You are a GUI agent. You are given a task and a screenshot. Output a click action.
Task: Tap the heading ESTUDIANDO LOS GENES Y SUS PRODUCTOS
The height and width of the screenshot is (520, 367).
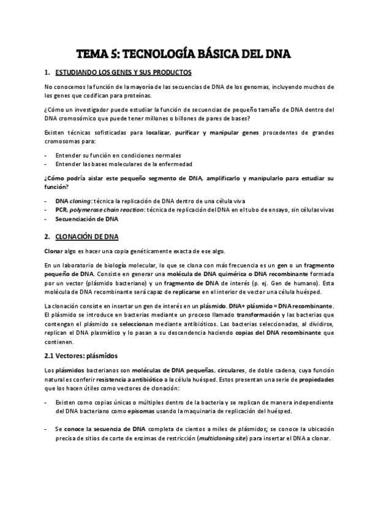[x=123, y=72]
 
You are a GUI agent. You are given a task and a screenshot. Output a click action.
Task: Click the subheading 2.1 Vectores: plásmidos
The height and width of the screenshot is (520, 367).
[x=81, y=355]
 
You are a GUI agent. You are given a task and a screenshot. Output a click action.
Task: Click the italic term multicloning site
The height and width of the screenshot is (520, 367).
[x=235, y=439]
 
